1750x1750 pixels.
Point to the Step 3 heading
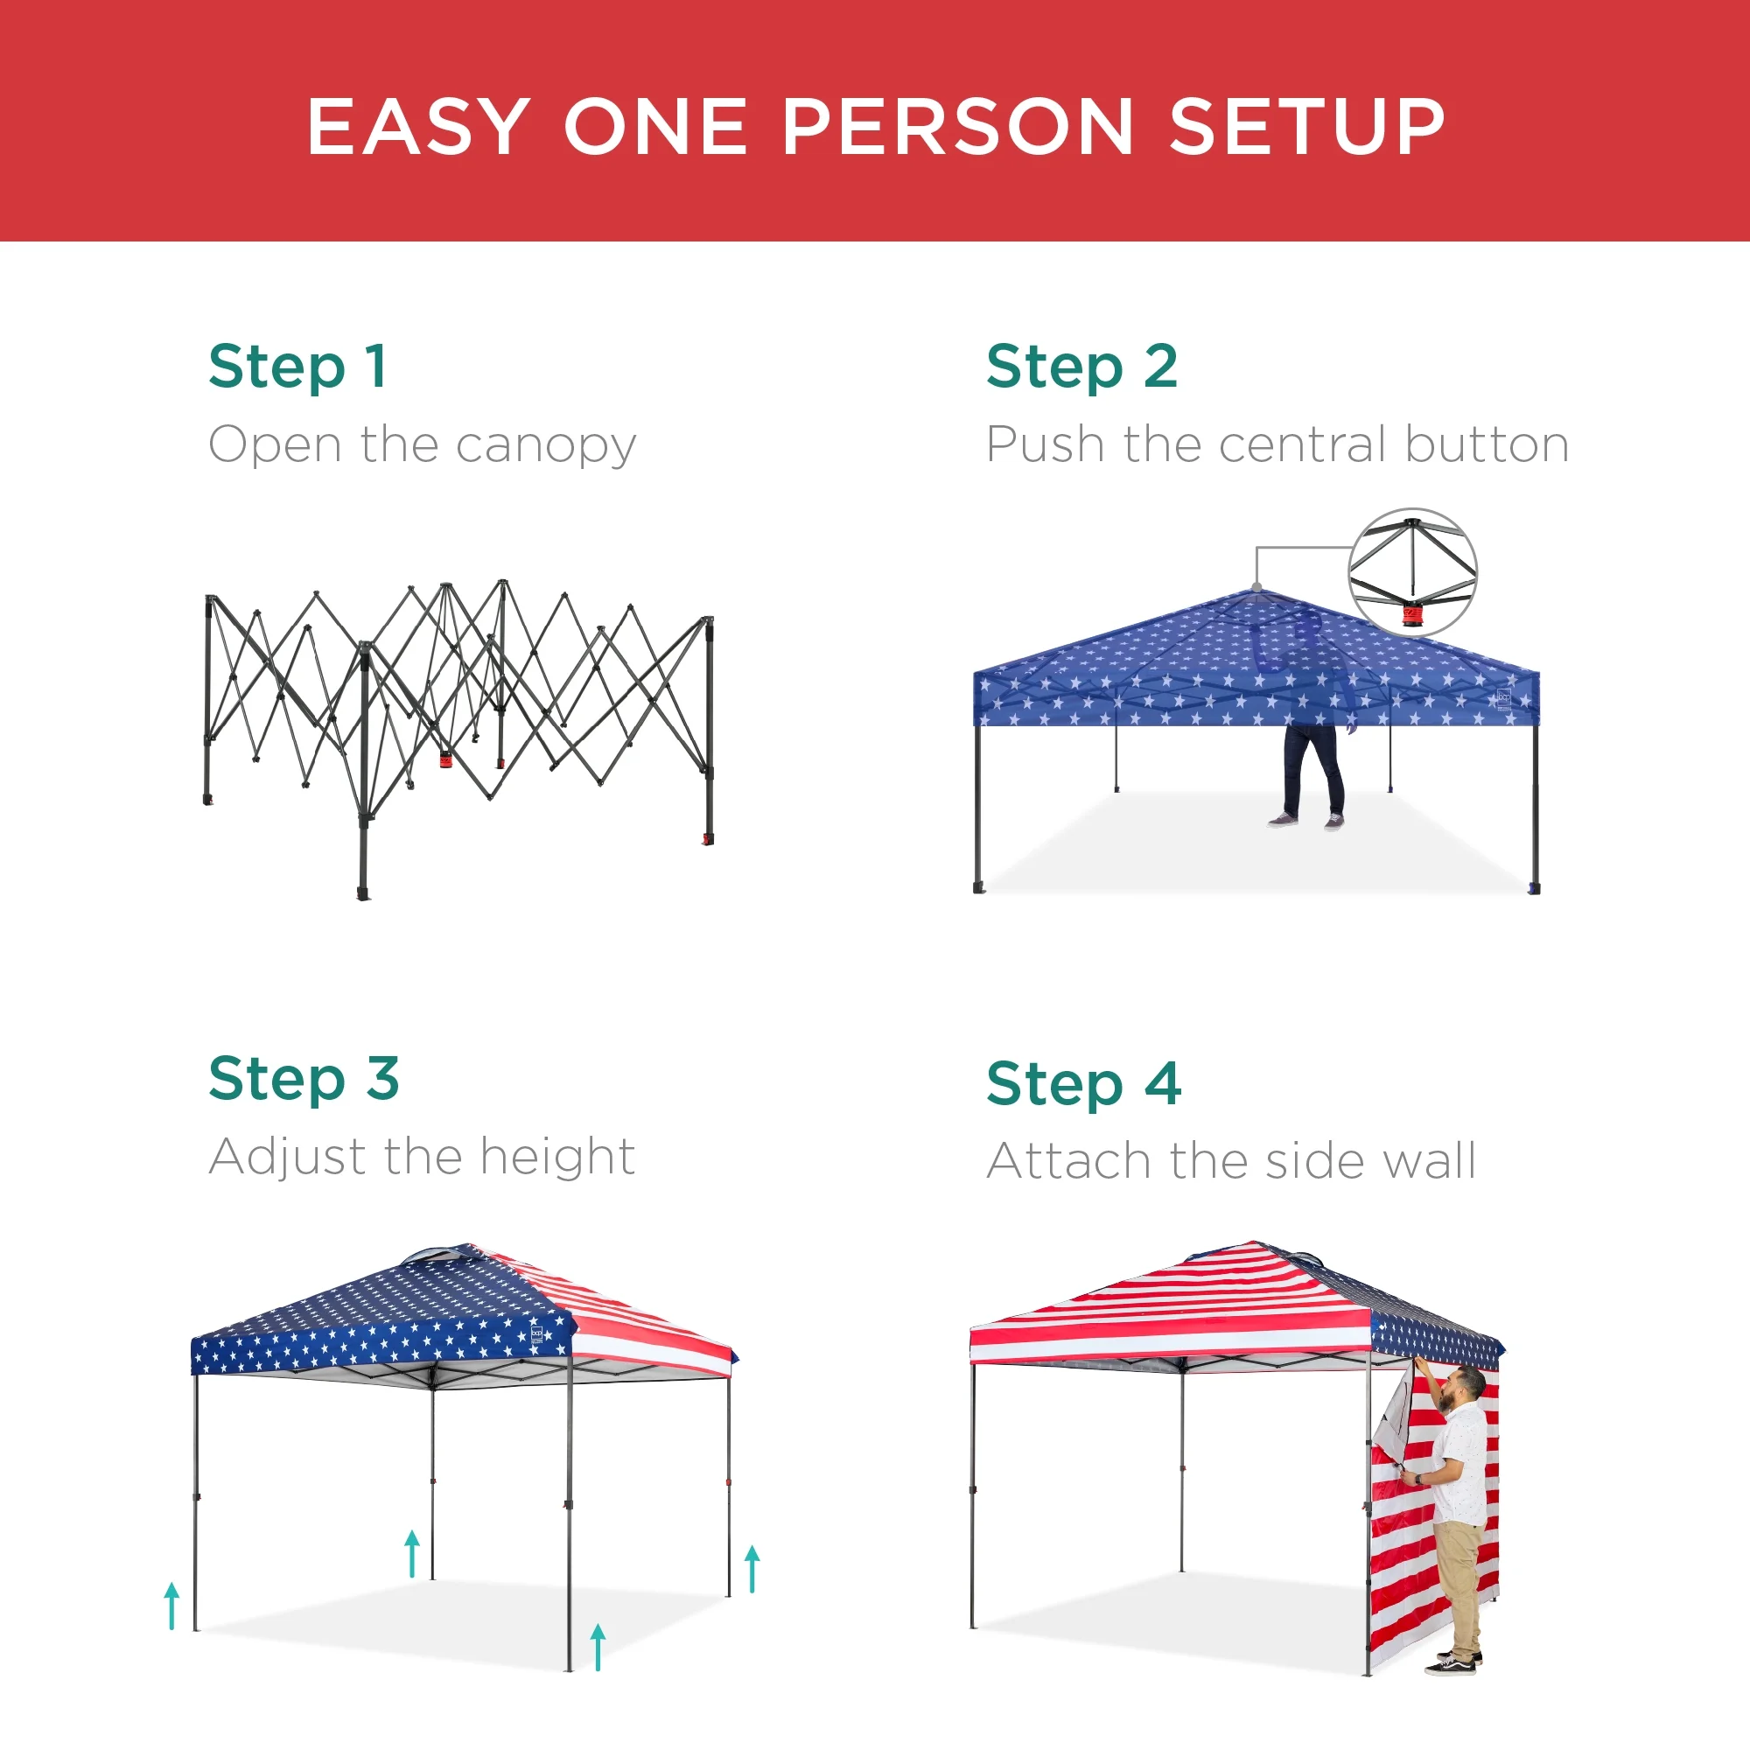(x=304, y=1078)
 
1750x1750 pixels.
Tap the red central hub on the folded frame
(x=445, y=759)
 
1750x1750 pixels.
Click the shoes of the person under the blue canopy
(x=1307, y=821)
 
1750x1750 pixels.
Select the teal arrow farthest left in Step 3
(x=172, y=1605)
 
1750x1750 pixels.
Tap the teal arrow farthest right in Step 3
(x=752, y=1569)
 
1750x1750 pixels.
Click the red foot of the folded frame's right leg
(x=707, y=840)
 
